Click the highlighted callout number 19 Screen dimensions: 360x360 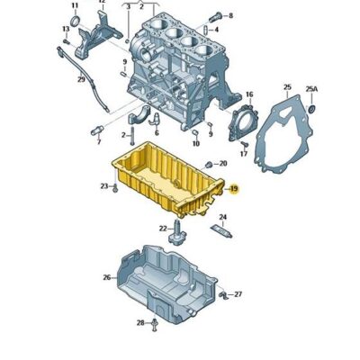[233, 189]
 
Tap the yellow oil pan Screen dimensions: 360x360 [166, 180]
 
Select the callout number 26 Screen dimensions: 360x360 [107, 277]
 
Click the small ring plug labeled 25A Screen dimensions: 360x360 [312, 109]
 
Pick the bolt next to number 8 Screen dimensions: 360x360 [213, 16]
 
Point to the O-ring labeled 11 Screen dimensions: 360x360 [74, 21]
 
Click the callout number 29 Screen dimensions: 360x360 [81, 79]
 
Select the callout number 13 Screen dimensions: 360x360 [66, 29]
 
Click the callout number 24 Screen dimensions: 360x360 [222, 217]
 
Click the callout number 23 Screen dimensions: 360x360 [104, 186]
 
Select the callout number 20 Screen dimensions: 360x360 [223, 164]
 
